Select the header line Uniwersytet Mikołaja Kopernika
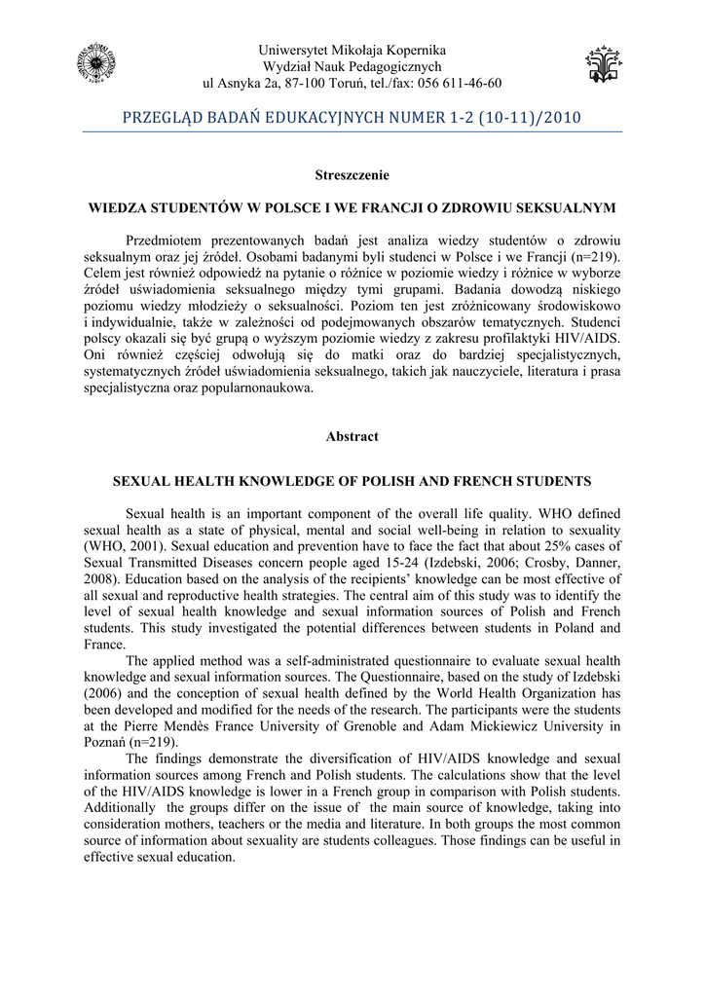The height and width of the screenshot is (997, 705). pos(352,49)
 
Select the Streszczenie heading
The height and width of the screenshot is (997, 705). pos(352,175)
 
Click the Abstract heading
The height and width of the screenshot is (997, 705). pos(352,437)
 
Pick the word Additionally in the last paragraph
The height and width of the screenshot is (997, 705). pos(122,809)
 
